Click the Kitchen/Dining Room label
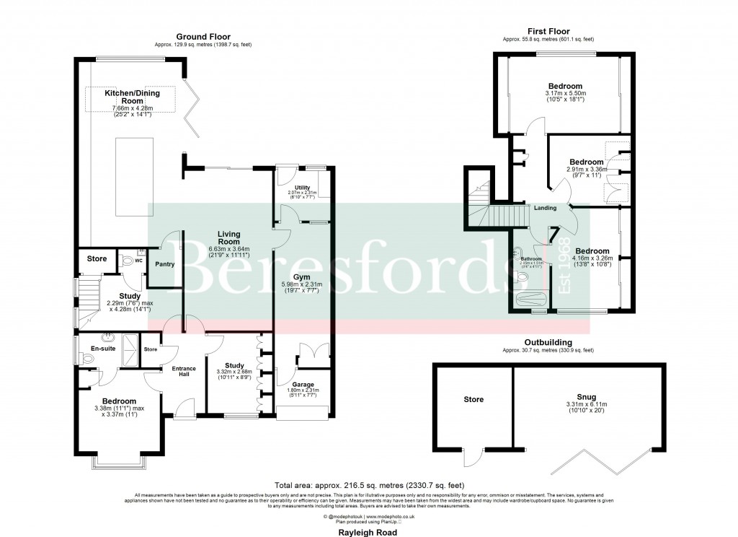[x=132, y=97]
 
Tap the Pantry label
[x=165, y=264]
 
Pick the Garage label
[x=303, y=385]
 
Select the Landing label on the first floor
[x=545, y=209]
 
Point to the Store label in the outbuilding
[x=474, y=398]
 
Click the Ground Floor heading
[x=198, y=37]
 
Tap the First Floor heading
[x=548, y=31]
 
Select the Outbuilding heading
[x=548, y=342]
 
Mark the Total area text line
[x=369, y=485]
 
